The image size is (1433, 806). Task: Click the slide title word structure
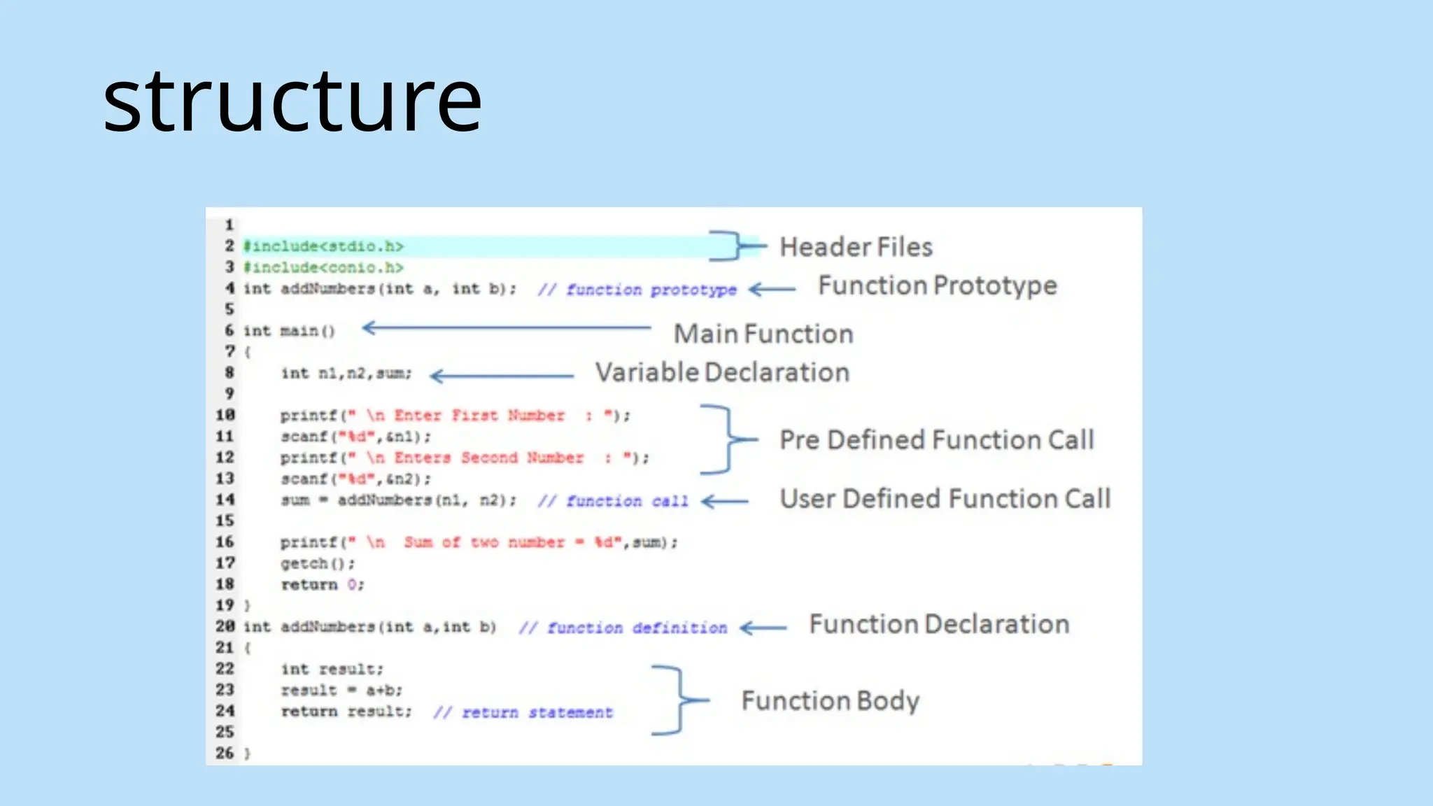point(292,101)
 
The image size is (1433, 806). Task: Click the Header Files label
point(856,248)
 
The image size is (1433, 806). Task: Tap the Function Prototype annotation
point(937,286)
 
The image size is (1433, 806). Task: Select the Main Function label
point(763,334)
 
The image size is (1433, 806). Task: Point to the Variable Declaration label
point(722,373)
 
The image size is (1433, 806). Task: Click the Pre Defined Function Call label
point(936,440)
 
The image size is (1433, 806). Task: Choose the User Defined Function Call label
point(945,499)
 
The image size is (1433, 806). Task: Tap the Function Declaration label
point(939,624)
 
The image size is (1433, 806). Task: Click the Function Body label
point(830,700)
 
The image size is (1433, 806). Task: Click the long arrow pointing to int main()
point(507,327)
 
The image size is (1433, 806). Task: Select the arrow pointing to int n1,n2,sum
point(501,376)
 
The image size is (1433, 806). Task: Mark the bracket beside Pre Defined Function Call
point(728,439)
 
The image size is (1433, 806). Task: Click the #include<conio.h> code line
point(323,268)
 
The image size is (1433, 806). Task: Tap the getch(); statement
point(318,564)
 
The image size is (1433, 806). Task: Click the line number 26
point(225,754)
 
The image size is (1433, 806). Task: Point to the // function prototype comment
point(637,290)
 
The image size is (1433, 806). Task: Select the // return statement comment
point(523,712)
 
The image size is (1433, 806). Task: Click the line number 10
point(225,415)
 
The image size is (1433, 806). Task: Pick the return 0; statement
point(322,585)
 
